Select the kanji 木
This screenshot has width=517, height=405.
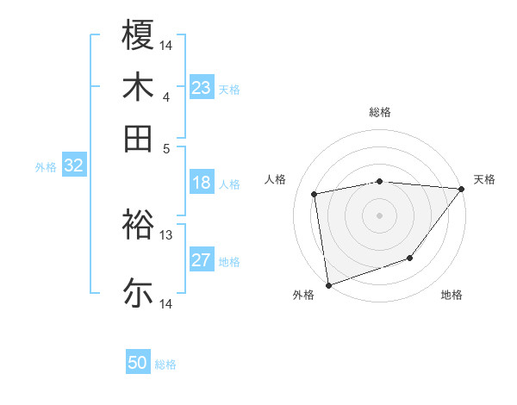138,87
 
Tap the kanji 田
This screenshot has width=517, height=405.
138,139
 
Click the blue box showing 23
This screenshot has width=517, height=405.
202,88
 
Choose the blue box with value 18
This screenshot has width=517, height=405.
202,183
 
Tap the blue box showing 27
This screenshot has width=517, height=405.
202,261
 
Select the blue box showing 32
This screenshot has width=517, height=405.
73,166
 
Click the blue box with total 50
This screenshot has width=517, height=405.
138,363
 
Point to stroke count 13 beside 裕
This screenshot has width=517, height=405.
165,234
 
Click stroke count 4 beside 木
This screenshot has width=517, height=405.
165,97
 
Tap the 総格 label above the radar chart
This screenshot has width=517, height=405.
379,112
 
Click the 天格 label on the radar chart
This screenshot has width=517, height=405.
484,179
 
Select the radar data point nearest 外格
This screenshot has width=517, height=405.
328,283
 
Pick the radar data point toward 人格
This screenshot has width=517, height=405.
315,194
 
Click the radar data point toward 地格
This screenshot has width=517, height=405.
410,258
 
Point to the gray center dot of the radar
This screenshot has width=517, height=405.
379,215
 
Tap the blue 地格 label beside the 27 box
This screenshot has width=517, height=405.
229,262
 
